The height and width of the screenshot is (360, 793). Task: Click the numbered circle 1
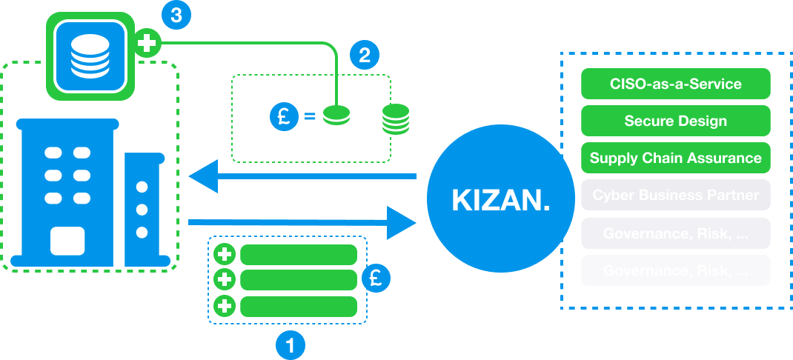(x=290, y=344)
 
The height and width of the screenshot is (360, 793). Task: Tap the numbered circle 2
(x=364, y=54)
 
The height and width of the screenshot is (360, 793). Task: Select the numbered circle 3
(x=175, y=16)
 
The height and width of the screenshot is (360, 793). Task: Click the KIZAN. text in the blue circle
(x=501, y=200)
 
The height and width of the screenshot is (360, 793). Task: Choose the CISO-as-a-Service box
(x=675, y=84)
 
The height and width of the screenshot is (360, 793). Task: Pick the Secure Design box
(x=675, y=121)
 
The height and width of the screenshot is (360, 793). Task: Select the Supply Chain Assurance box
(x=675, y=158)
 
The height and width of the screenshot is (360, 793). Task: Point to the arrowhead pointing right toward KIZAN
(x=400, y=221)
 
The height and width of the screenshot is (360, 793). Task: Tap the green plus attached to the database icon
(x=147, y=44)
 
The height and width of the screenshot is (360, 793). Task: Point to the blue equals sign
(x=309, y=116)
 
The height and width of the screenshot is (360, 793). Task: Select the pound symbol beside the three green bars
(x=376, y=279)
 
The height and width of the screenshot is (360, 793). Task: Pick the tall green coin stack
(x=396, y=119)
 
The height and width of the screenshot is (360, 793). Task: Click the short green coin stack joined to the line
(x=337, y=116)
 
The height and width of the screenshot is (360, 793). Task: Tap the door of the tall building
(x=67, y=241)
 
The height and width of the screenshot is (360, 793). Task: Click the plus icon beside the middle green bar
(x=225, y=279)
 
